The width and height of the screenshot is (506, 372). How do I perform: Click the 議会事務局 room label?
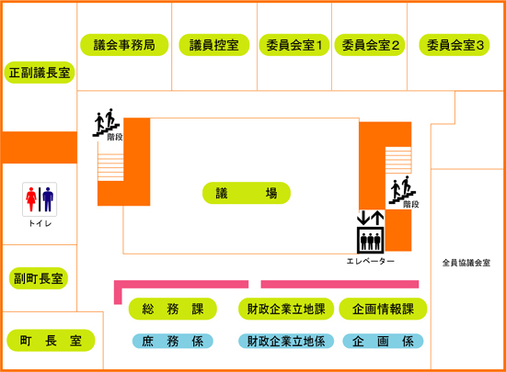click(124, 45)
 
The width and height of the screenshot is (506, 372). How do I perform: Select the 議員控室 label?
click(214, 45)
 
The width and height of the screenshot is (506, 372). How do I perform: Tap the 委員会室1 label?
click(294, 45)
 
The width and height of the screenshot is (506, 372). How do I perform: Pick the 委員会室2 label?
click(370, 45)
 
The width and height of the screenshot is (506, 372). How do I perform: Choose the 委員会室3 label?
click(454, 45)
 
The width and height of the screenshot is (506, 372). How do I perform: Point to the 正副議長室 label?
click(40, 73)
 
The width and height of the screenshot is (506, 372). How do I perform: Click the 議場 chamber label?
click(247, 193)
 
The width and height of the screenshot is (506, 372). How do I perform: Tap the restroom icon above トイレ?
click(40, 199)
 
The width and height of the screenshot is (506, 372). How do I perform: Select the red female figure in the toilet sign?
click(31, 199)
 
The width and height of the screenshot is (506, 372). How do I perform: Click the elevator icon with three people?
click(371, 240)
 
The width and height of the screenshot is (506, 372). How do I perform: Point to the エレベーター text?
click(371, 261)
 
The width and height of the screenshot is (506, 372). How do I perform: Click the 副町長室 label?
click(39, 278)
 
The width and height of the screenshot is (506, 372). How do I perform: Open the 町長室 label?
click(51, 340)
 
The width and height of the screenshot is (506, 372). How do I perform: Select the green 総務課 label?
click(173, 309)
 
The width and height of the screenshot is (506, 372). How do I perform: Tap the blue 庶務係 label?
click(173, 341)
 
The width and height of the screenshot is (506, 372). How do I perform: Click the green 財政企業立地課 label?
click(286, 309)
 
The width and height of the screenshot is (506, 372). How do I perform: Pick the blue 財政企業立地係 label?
click(286, 341)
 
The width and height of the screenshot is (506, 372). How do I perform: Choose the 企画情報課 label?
click(383, 309)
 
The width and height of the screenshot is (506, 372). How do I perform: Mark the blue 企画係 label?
click(383, 341)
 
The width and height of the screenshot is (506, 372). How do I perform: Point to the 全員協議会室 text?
click(466, 263)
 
